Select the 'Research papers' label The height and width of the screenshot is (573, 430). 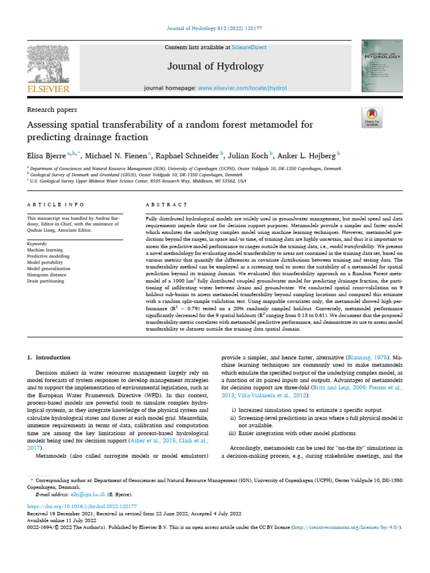pos(52,110)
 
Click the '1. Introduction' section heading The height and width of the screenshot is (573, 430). pos(49,357)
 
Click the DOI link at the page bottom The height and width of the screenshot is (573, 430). pos(74,506)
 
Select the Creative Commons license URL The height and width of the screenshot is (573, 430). pos(344,527)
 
